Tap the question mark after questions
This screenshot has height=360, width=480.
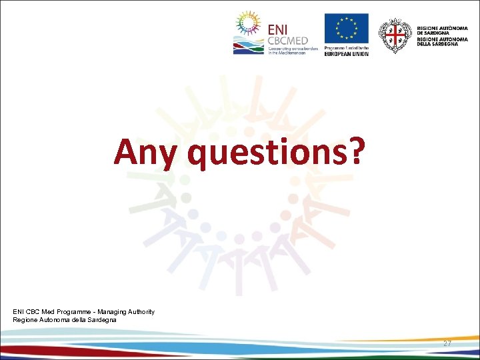point(356,151)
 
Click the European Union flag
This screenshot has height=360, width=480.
point(346,29)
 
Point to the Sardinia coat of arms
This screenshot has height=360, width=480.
point(395,35)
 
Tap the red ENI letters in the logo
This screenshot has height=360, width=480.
point(280,29)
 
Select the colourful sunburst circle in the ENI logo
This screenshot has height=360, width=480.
point(247,27)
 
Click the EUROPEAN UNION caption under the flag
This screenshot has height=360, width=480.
point(346,53)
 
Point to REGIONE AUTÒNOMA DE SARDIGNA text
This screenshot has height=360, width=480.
point(443,29)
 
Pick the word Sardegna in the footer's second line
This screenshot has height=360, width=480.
point(101,320)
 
